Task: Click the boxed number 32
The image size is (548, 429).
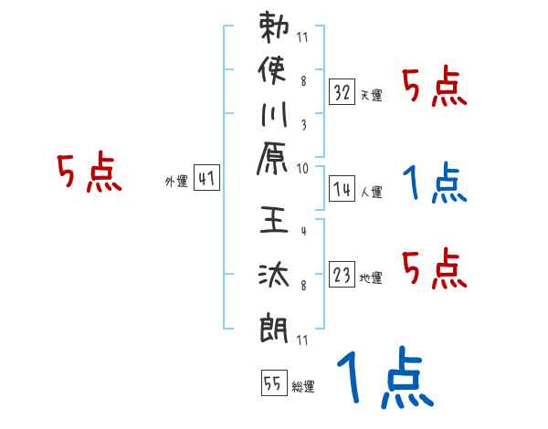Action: click(x=342, y=91)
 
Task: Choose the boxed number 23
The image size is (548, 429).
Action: click(x=342, y=275)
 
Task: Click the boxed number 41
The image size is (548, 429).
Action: click(x=206, y=179)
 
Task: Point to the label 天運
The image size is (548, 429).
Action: click(x=371, y=95)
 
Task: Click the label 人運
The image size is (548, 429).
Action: click(x=371, y=192)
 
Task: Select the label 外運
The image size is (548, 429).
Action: click(x=175, y=182)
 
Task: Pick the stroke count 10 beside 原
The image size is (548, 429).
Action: click(x=302, y=168)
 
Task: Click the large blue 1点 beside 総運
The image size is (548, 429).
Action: click(x=385, y=379)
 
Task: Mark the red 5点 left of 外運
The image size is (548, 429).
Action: click(x=90, y=173)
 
